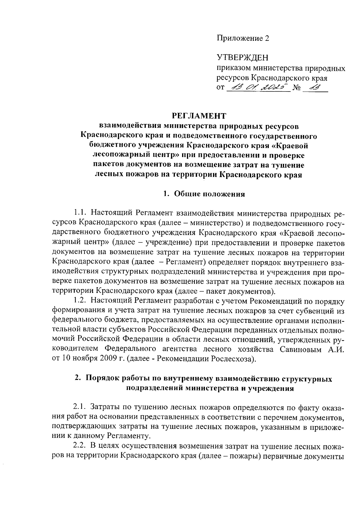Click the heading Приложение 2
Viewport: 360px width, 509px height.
coord(243,38)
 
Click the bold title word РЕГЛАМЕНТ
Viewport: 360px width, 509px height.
coord(199,116)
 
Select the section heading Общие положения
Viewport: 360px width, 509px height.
coord(209,194)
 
